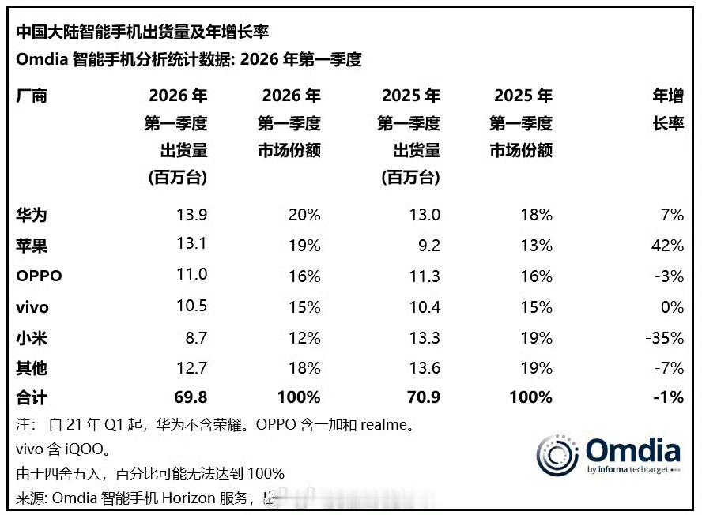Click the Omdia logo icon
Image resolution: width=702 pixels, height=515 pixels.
tap(557, 453)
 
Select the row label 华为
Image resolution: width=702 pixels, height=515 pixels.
tap(32, 215)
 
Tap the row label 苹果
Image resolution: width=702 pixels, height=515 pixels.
tap(32, 246)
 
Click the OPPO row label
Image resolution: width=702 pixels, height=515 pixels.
tap(39, 276)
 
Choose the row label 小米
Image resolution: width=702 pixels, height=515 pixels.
tap(32, 337)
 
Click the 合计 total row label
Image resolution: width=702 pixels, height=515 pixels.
tap(32, 397)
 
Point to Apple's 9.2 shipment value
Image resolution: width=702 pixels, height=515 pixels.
tap(427, 246)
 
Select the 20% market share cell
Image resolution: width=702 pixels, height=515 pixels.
tap(304, 215)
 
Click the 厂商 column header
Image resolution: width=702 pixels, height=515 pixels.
tap(32, 96)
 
